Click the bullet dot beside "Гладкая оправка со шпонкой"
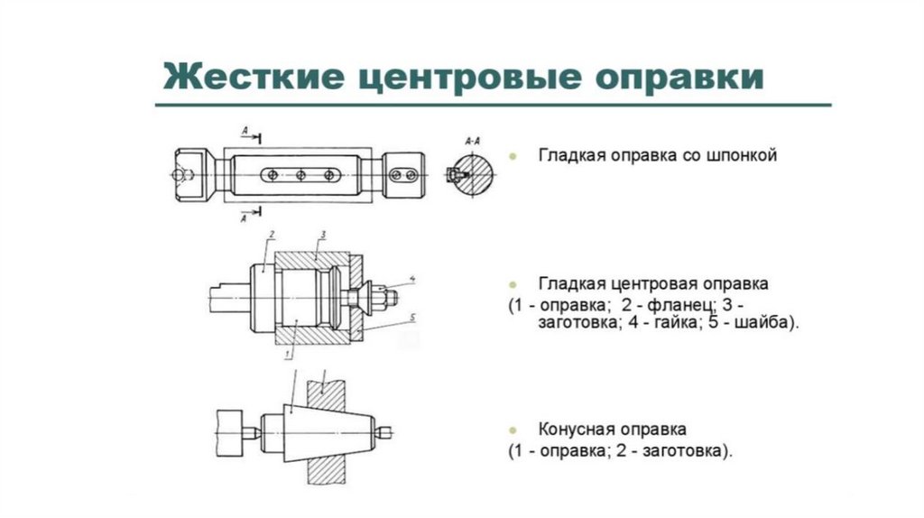pos(513,157)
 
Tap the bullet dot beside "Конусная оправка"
pos(513,429)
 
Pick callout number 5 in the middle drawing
pos(411,317)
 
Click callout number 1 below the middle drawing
pos(287,356)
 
